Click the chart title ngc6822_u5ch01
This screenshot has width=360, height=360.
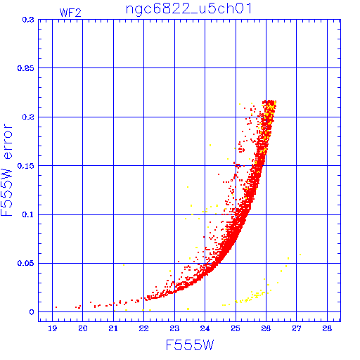[x=189, y=9]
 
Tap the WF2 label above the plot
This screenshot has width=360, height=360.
[x=70, y=13]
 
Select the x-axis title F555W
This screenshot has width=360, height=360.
[x=190, y=345]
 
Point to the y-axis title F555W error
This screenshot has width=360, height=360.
[x=6, y=170]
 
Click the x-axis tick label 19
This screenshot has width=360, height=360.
[x=53, y=328]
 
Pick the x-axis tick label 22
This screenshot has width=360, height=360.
[x=143, y=328]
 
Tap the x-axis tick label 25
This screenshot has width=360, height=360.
[x=236, y=328]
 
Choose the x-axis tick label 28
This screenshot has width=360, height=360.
[x=327, y=328]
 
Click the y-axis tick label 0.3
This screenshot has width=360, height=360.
[x=28, y=20]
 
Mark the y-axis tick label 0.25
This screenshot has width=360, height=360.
[x=26, y=68]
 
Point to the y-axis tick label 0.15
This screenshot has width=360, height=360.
[x=26, y=166]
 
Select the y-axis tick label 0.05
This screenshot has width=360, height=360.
[x=26, y=263]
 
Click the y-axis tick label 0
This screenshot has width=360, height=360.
[x=32, y=312]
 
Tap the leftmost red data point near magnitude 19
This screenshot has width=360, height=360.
[x=56, y=307]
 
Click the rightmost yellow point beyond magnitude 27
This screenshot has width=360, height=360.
[x=300, y=255]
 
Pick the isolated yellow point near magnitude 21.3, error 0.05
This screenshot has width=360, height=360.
[x=124, y=265]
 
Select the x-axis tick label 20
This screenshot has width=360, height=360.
[x=83, y=328]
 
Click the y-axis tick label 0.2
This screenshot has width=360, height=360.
[x=28, y=117]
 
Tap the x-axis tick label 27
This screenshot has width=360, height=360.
[x=297, y=328]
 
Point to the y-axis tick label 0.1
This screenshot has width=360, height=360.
[x=28, y=214]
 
